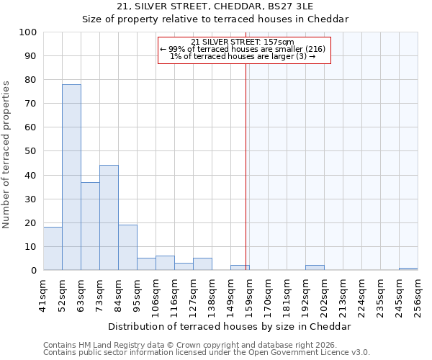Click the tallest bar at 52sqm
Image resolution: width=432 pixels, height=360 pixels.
(x=71, y=177)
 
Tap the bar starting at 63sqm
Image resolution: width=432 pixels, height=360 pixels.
(x=90, y=226)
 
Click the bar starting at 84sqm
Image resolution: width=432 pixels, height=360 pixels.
(x=127, y=247)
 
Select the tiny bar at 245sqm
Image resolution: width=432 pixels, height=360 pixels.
(x=408, y=269)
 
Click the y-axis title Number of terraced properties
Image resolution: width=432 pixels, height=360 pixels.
(x=6, y=154)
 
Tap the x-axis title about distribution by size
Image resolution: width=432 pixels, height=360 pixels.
(x=230, y=326)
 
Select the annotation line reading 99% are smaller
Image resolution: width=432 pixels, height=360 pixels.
(x=243, y=49)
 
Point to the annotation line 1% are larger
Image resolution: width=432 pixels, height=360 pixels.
(x=243, y=56)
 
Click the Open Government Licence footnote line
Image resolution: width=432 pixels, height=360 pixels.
(x=207, y=353)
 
